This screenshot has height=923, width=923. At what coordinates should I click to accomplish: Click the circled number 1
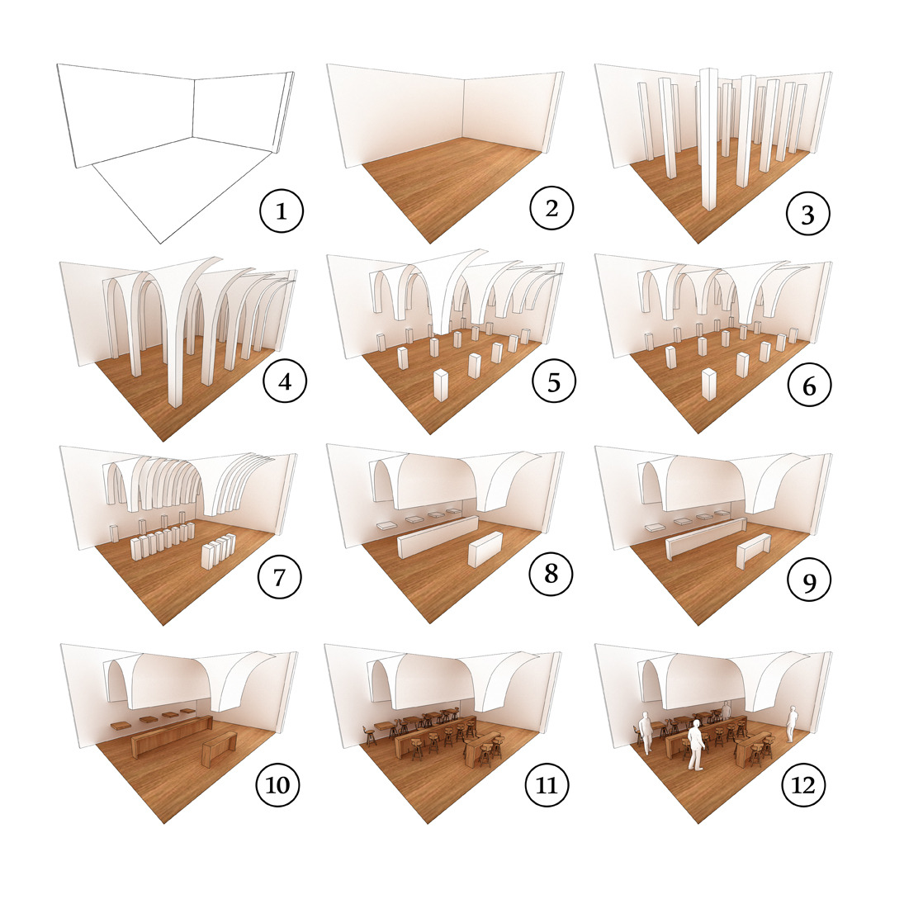(x=282, y=211)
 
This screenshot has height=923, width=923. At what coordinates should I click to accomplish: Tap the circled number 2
(x=551, y=208)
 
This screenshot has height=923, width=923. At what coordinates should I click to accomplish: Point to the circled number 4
(x=285, y=381)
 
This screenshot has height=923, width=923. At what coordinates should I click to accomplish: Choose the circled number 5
(x=554, y=381)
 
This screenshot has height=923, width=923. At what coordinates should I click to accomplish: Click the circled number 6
(x=809, y=386)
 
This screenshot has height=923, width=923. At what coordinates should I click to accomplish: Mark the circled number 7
(x=280, y=577)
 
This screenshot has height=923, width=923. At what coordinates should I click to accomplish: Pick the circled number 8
(x=551, y=573)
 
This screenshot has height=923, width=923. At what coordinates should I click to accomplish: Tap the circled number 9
(x=809, y=580)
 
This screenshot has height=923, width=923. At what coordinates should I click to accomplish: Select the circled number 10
(x=278, y=784)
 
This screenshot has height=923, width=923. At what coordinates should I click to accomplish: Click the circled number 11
(x=547, y=784)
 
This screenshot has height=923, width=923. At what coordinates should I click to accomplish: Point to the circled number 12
(x=803, y=784)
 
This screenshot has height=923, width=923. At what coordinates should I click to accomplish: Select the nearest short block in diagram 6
(x=709, y=384)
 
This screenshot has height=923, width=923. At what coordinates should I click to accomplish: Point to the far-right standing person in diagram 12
(x=793, y=725)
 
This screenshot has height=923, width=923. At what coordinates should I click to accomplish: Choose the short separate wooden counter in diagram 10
(x=219, y=749)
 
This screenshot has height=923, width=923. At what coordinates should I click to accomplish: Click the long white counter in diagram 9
(x=706, y=537)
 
